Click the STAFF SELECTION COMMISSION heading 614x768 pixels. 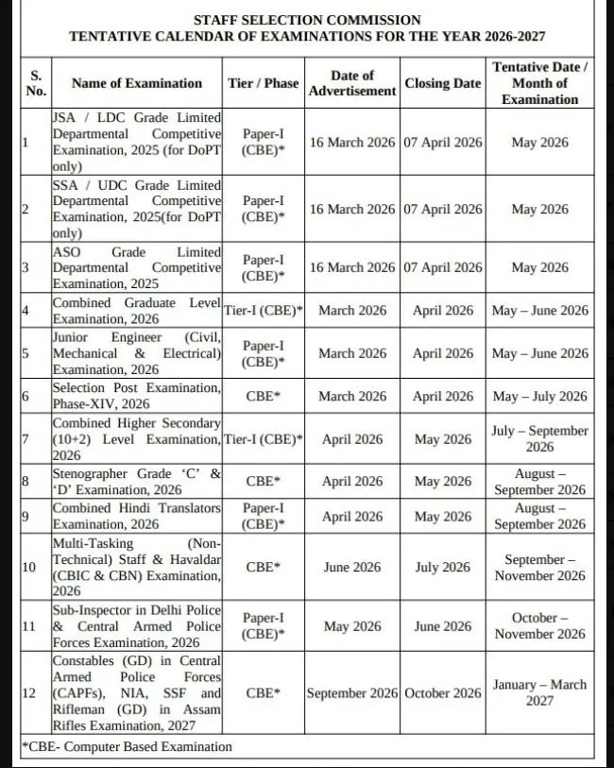tap(307, 19)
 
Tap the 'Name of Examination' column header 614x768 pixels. tap(137, 83)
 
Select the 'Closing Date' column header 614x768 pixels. tap(442, 83)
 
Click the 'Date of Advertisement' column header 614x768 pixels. tap(352, 83)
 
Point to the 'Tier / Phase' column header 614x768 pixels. tap(264, 83)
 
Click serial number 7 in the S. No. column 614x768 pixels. tap(26, 439)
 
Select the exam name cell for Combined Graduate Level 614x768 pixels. tap(137, 311)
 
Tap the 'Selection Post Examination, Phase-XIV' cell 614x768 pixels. tap(137, 396)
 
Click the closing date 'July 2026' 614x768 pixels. tap(442, 568)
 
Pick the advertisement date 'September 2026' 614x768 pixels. tap(352, 693)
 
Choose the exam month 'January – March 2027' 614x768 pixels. tap(539, 693)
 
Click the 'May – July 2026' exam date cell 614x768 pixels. tap(539, 397)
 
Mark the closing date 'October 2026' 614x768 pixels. tap(442, 693)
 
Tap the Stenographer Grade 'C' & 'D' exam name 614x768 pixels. tap(137, 481)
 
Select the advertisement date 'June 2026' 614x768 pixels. tap(352, 568)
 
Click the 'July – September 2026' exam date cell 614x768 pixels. tap(539, 438)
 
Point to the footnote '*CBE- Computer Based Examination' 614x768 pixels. tap(128, 746)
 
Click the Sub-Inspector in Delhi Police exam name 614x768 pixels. tap(137, 625)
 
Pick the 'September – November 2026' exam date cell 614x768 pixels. tap(539, 568)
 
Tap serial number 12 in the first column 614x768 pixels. tap(28, 693)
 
